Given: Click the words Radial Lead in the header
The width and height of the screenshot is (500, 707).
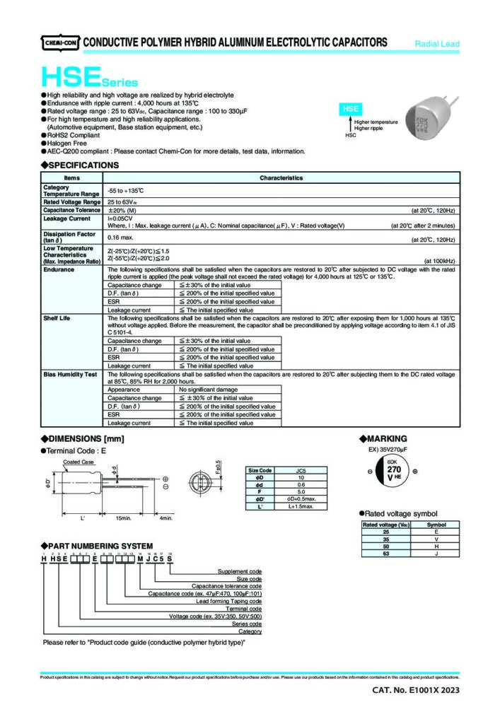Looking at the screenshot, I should click(x=437, y=44).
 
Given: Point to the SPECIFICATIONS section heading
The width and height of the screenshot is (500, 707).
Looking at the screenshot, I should click(x=79, y=165).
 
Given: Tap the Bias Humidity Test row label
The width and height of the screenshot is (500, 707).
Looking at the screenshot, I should click(x=70, y=374).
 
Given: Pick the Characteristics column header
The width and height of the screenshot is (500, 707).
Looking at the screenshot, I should click(x=281, y=178).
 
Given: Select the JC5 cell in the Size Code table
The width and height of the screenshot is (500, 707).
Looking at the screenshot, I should click(x=301, y=471).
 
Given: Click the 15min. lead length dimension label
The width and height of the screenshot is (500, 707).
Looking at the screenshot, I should click(x=124, y=519).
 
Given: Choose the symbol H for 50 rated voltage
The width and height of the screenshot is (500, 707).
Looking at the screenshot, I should click(x=436, y=547).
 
